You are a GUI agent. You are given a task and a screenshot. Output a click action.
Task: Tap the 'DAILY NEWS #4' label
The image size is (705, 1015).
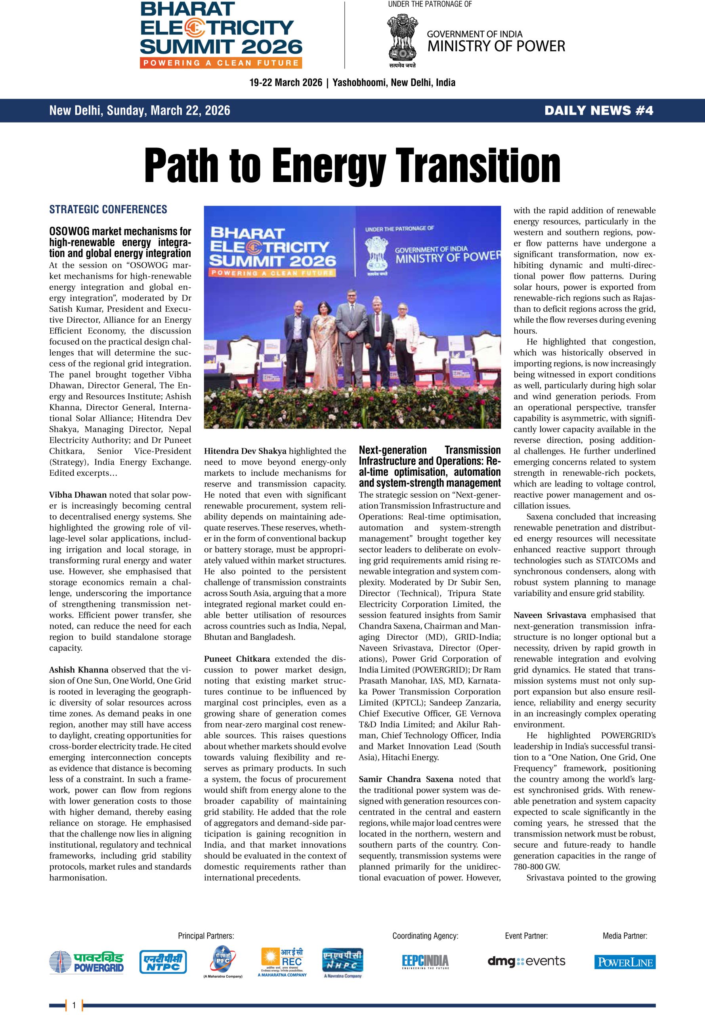tap(598, 111)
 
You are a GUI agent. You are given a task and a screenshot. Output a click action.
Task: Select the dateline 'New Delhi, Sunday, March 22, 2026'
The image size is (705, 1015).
tap(139, 111)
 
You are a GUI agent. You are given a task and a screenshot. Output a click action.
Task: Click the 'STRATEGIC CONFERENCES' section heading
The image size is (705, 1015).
tap(108, 209)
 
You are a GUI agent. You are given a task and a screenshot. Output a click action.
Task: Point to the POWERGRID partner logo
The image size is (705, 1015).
tap(86, 962)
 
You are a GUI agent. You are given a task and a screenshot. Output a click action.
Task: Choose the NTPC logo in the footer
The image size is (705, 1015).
tap(163, 962)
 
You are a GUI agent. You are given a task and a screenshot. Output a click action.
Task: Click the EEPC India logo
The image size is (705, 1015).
tap(425, 961)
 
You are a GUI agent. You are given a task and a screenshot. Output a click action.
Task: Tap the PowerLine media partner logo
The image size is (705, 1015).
tap(625, 962)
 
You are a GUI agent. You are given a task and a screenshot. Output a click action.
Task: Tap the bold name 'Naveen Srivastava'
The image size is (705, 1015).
tap(550, 615)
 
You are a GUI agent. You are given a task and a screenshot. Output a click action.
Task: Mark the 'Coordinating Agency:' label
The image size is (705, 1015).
tap(425, 935)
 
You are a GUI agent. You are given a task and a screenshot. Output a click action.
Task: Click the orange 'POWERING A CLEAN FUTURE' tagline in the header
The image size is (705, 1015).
tap(221, 63)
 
